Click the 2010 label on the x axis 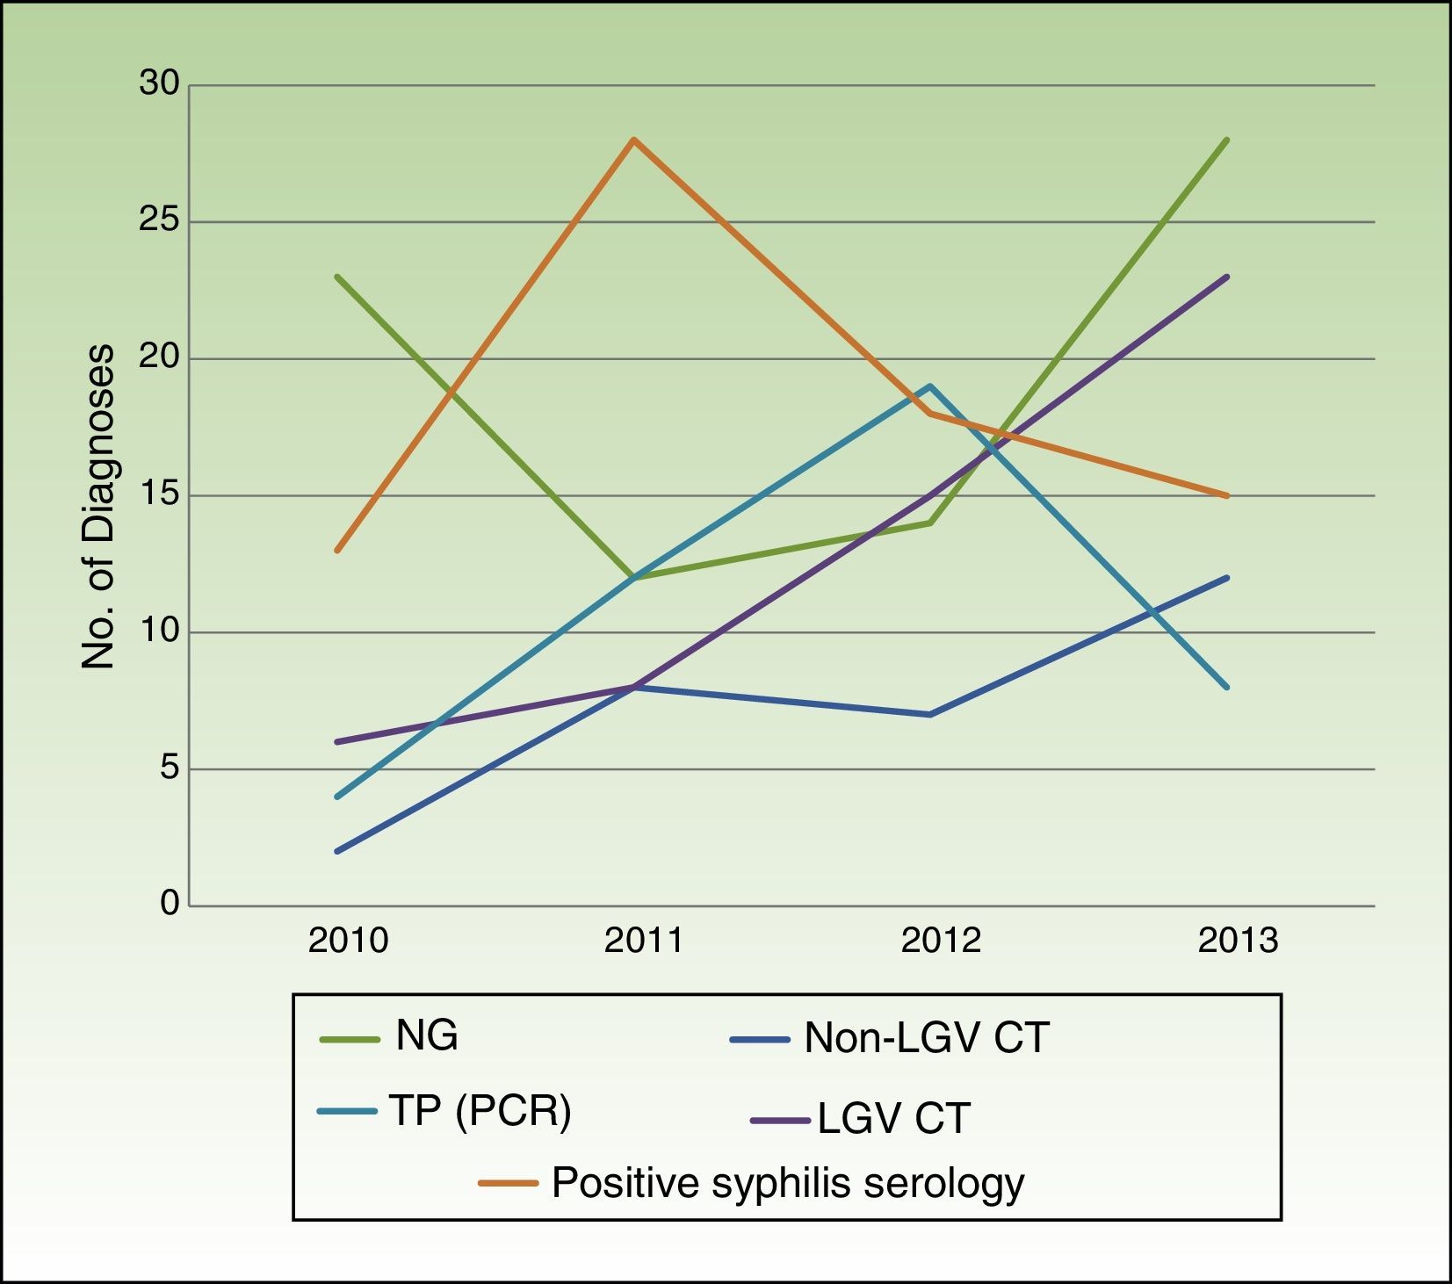348,941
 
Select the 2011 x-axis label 644,941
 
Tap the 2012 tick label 941,941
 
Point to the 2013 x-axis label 1238,941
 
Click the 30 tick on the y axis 159,84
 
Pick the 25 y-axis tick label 159,221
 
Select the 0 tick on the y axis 170,904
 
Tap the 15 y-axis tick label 159,494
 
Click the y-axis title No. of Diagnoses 98,508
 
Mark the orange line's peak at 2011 633,140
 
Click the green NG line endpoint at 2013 1227,140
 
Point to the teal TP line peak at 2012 929,386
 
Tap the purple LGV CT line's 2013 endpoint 1227,277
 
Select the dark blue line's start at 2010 336,851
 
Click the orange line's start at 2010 336,551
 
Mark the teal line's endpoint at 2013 1227,687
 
